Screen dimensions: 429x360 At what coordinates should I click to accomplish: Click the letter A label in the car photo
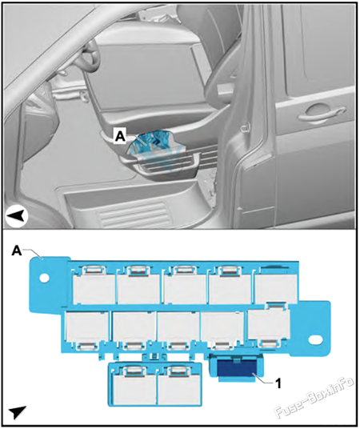click(x=120, y=137)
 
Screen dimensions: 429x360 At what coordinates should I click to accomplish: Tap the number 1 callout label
click(x=278, y=383)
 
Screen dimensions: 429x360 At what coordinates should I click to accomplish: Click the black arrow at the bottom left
click(x=18, y=413)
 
